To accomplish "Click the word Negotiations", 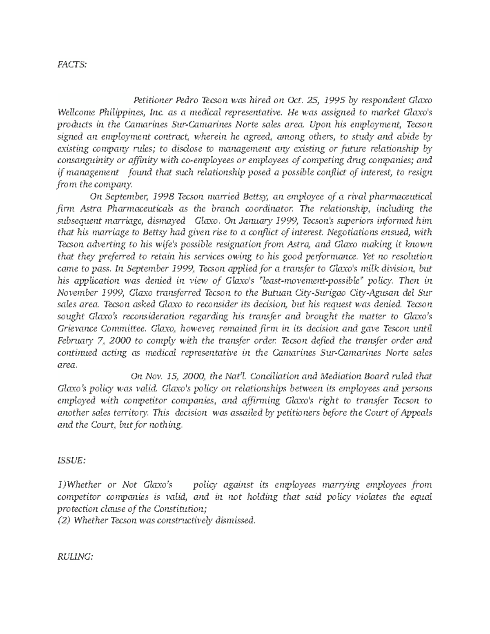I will pyautogui.click(x=354, y=233).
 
